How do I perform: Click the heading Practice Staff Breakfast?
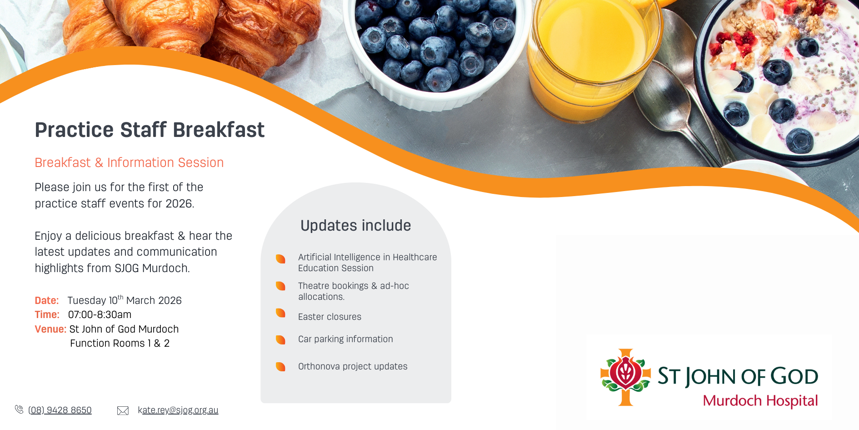point(150,130)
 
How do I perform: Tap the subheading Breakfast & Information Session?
point(129,162)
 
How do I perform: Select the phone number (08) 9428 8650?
point(60,410)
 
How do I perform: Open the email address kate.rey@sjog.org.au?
point(178,410)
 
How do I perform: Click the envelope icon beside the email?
point(123,411)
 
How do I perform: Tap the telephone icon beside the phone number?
point(19,410)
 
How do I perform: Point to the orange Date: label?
point(47,300)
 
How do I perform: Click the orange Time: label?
point(47,314)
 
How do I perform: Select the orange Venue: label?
point(50,329)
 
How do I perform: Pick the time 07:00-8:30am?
point(100,314)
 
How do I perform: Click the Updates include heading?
point(356,225)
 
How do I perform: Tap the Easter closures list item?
point(330,317)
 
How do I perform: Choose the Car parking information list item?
point(345,339)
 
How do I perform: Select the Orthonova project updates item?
point(353,366)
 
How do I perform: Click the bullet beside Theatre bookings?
point(280,286)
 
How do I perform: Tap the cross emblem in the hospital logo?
point(626,377)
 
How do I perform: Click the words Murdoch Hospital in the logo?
point(760,401)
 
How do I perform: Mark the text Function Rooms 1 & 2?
point(120,343)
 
